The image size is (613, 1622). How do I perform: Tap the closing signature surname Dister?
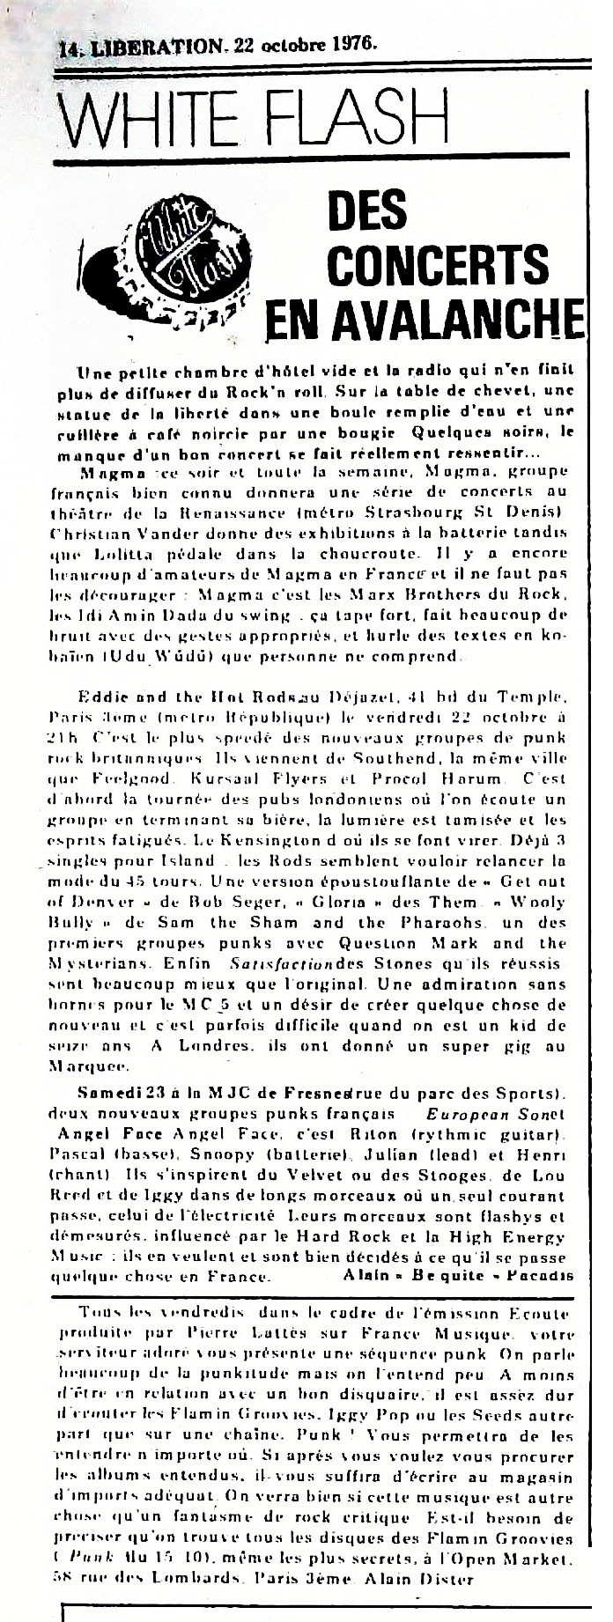point(448,1579)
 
